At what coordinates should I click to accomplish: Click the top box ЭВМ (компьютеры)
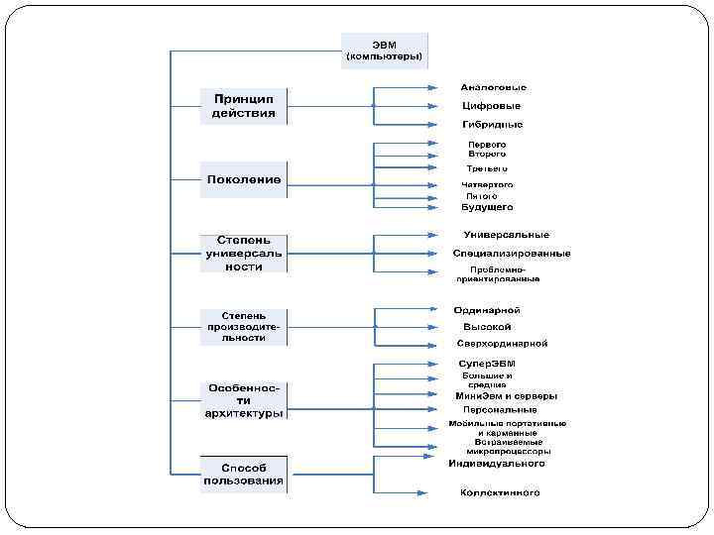click(385, 50)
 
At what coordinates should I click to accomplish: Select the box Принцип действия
click(244, 105)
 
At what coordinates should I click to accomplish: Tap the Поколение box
click(244, 179)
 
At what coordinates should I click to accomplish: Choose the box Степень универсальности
click(244, 253)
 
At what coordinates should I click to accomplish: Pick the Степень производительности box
click(244, 326)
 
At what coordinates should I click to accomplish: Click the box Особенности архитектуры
click(244, 399)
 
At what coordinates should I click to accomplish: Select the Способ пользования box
click(244, 474)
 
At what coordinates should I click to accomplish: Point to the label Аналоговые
click(493, 87)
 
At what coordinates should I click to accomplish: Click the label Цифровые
click(491, 106)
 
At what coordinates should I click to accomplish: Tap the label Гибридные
click(492, 125)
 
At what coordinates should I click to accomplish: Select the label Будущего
click(487, 207)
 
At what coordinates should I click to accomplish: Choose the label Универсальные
click(506, 235)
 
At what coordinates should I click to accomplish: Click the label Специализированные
click(511, 254)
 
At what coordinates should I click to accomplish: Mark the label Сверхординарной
click(502, 344)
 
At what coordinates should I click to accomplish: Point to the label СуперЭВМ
click(487, 364)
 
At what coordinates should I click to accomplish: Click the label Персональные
click(498, 409)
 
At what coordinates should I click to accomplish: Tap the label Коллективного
click(500, 492)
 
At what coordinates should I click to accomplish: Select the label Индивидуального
click(497, 463)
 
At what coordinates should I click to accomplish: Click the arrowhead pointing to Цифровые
click(432, 105)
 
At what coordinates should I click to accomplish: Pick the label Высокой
click(487, 327)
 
